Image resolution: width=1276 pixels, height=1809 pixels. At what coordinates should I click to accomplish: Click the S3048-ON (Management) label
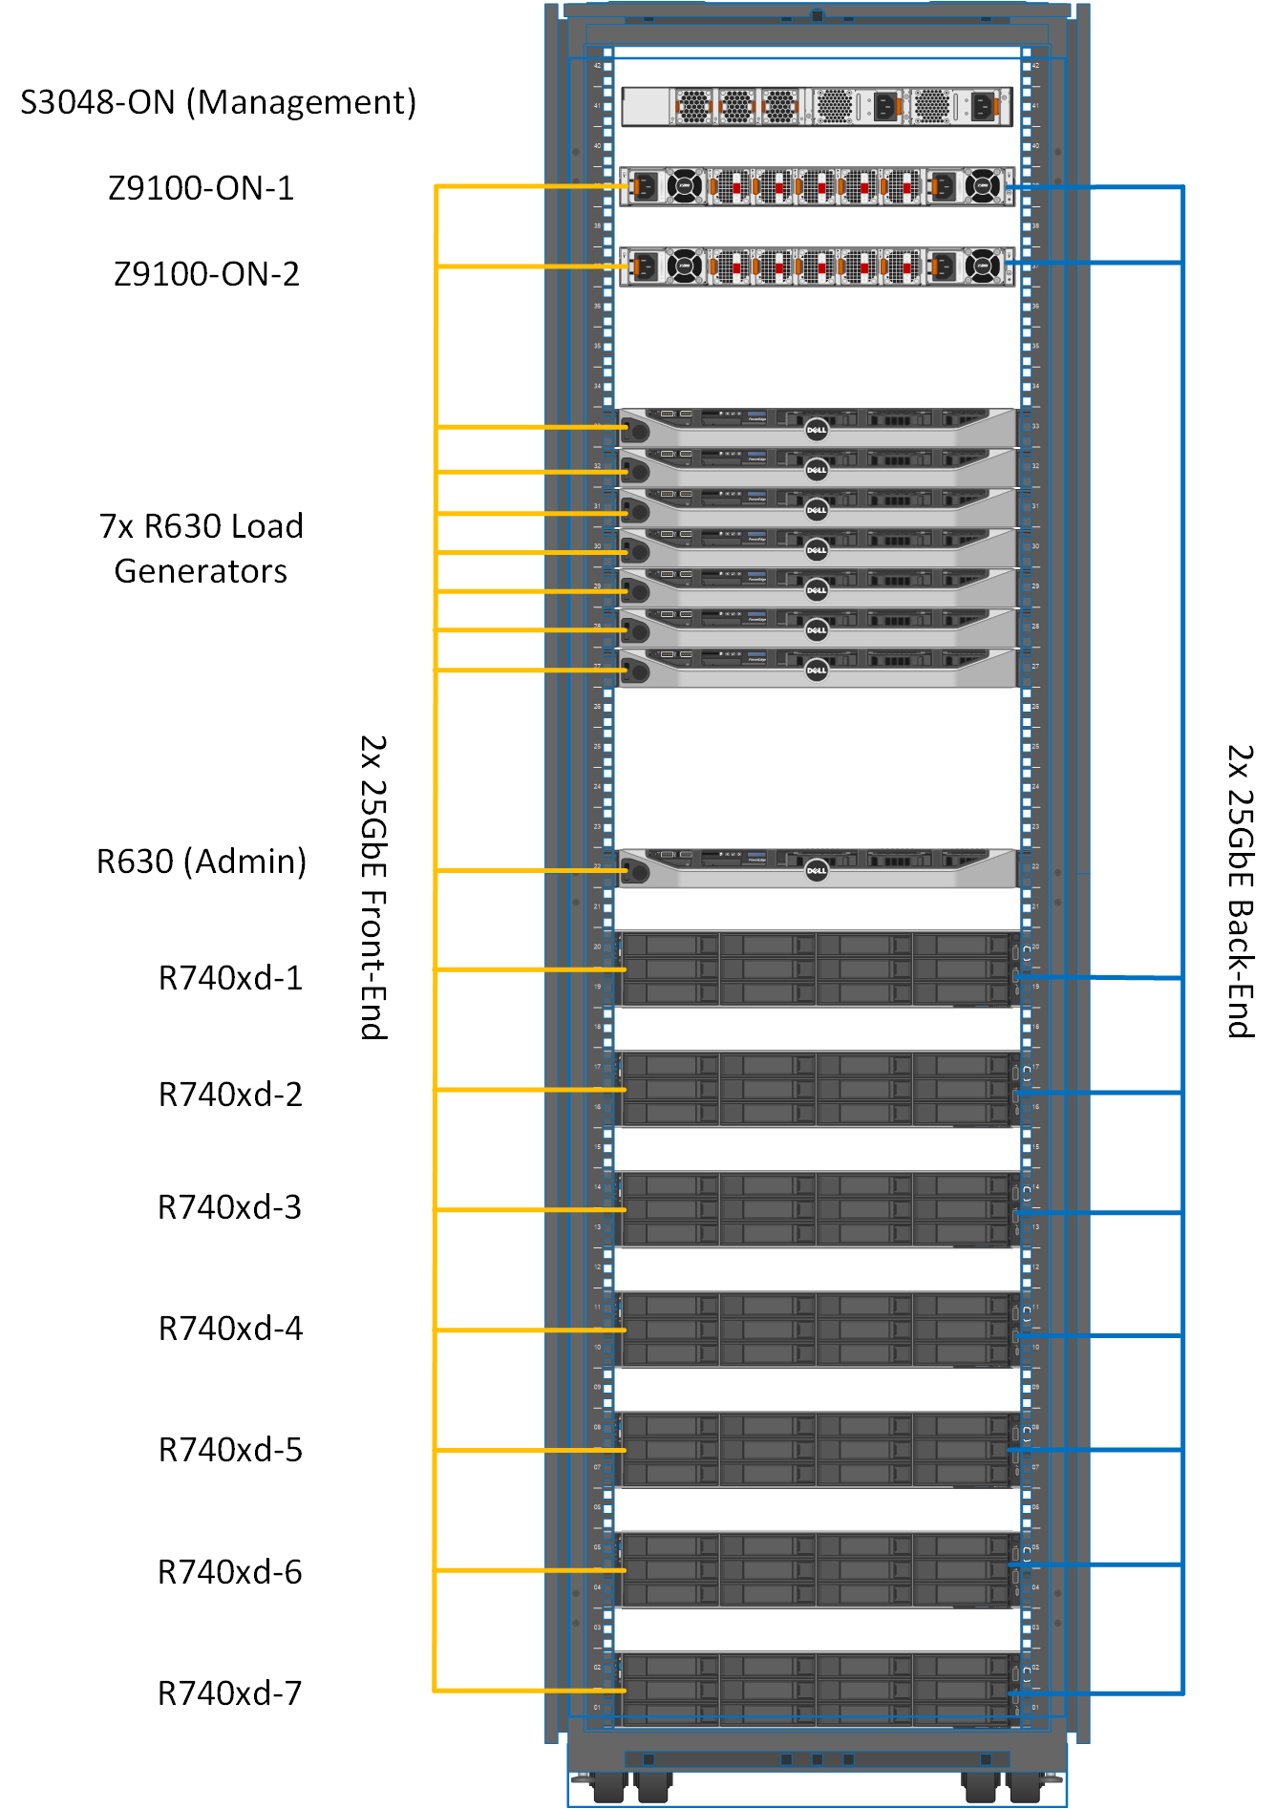click(x=218, y=102)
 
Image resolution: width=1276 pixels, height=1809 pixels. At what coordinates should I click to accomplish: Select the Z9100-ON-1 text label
click(x=201, y=188)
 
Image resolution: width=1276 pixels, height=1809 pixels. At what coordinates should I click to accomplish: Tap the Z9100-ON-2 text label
click(x=206, y=274)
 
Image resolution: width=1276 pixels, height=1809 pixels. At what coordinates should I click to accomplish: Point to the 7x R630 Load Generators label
click(x=201, y=548)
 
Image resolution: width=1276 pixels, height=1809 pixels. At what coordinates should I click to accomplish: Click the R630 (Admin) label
click(x=202, y=862)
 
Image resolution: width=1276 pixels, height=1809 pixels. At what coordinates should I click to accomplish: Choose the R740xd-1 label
click(x=230, y=978)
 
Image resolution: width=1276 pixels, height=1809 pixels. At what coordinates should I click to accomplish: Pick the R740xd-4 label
click(x=230, y=1329)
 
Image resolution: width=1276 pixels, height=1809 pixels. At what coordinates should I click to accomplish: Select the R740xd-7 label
click(x=229, y=1693)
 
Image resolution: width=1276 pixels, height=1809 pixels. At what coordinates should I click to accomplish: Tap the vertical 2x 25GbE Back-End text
click(x=1240, y=890)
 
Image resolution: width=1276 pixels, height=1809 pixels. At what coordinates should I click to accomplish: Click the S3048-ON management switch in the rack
click(x=817, y=106)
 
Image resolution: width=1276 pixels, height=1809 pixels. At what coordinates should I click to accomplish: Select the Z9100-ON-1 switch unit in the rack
click(x=817, y=186)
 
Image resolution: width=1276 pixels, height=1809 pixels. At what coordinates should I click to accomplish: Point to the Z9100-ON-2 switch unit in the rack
click(x=817, y=266)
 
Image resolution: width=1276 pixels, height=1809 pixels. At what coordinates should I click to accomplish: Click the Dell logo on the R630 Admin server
click(x=817, y=870)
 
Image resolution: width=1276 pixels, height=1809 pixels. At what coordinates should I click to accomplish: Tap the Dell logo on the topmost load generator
click(x=817, y=430)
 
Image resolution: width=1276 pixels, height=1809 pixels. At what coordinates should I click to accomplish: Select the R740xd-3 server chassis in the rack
click(x=817, y=1209)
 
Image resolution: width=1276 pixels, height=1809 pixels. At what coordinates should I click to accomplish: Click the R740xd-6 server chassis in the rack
click(x=817, y=1570)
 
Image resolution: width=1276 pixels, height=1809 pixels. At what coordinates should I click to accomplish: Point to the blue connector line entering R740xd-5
click(x=1098, y=1450)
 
